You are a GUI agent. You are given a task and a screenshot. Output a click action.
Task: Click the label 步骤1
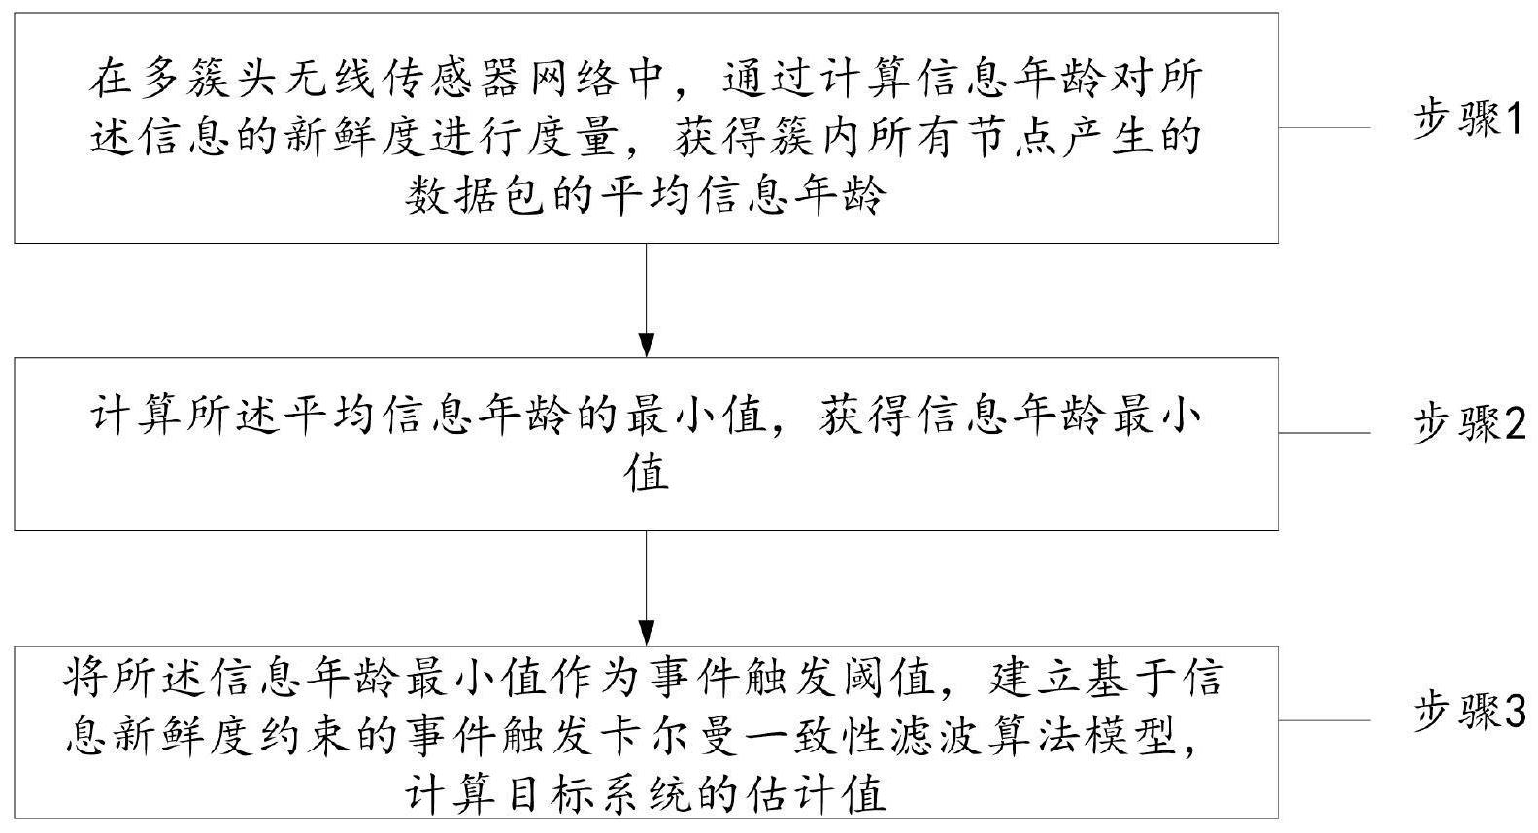pos(1466,120)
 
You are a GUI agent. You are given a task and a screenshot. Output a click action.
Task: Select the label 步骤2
pos(1468,423)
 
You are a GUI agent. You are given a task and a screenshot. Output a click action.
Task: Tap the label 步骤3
pos(1468,712)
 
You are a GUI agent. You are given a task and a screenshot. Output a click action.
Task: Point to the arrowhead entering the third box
pos(646,632)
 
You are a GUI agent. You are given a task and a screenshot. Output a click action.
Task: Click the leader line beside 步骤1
pos(1324,127)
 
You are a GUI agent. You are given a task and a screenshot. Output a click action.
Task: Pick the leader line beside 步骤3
pos(1324,720)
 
